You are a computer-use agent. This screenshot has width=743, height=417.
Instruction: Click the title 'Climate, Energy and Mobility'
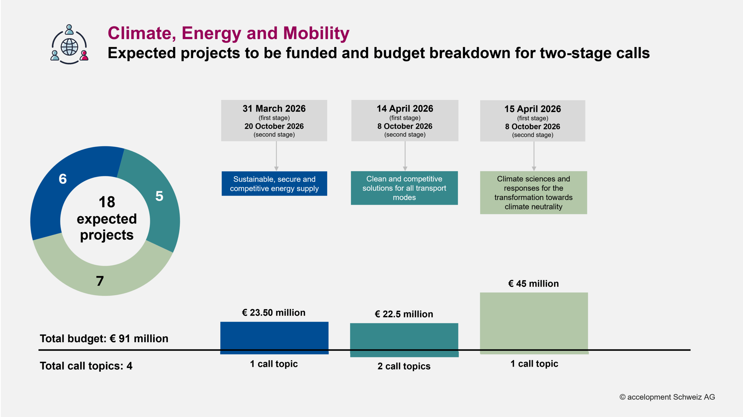coord(228,33)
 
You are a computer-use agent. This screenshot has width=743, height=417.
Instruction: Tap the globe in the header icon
coord(69,47)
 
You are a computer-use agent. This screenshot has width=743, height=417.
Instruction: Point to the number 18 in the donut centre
coord(107,202)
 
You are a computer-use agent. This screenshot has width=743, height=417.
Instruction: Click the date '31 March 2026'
coord(274,109)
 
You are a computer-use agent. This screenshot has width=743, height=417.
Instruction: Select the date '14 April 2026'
coord(405,109)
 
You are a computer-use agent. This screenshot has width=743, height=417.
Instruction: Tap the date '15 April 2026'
coord(533,109)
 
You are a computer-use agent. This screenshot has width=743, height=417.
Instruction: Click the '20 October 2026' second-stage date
coord(274,126)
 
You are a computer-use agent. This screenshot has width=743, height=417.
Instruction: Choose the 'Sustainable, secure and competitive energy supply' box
coord(274,184)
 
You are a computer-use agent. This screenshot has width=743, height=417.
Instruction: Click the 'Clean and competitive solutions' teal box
coord(404,188)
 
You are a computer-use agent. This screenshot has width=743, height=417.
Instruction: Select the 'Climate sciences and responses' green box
coord(533,193)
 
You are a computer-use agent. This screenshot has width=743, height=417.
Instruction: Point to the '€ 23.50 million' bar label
coord(274,313)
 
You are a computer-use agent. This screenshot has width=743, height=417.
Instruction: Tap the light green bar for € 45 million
coord(534,322)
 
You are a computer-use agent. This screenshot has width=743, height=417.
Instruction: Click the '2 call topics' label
coord(404,366)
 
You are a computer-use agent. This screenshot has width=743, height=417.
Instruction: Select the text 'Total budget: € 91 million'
coord(104,339)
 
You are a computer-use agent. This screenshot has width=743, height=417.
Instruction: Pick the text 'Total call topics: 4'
coord(86,366)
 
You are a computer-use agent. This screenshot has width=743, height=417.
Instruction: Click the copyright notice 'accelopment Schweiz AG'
coord(667,397)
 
